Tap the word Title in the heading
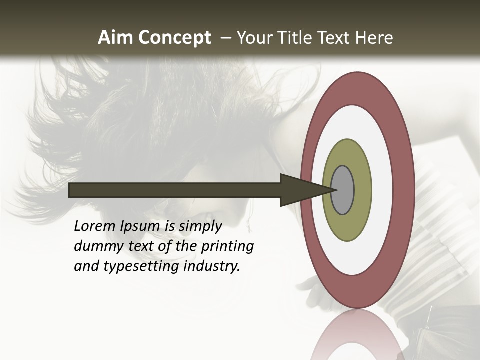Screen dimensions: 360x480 click(x=295, y=38)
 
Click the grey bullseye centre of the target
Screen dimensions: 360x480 click(x=343, y=190)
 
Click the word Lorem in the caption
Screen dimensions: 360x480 click(x=94, y=226)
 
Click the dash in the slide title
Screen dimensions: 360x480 click(x=226, y=38)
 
